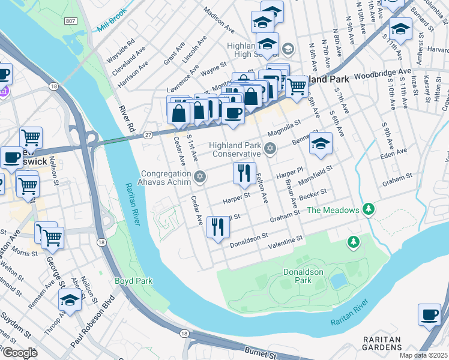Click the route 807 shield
(71, 21)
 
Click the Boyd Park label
(133, 280)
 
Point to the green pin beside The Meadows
(370, 209)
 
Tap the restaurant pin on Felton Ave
(244, 173)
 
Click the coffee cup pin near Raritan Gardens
(429, 314)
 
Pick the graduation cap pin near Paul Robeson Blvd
(70, 300)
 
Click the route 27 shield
(147, 136)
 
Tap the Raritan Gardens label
(382, 343)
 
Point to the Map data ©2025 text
(424, 355)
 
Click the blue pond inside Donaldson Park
(339, 280)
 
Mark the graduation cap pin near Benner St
(321, 144)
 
